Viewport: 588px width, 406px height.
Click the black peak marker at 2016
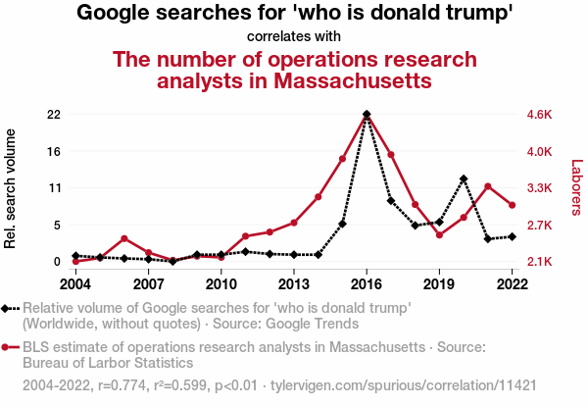coord(367,115)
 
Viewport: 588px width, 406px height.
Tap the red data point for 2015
coord(343,159)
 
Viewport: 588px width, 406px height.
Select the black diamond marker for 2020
coord(464,178)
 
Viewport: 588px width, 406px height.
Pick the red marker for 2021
coord(488,186)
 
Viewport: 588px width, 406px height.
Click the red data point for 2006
coord(124,238)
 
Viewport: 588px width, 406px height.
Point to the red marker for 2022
coord(512,205)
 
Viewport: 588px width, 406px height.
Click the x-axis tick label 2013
coord(293,283)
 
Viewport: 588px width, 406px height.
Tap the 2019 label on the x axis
coord(439,283)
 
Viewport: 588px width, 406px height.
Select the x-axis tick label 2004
coord(75,283)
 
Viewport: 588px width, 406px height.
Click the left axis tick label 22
coord(54,115)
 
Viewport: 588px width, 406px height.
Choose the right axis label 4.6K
coord(540,115)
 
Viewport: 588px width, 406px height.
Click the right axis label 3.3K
coord(540,188)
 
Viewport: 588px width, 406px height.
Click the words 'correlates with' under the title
coord(294,37)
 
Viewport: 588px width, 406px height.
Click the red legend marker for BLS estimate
coord(8,348)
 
